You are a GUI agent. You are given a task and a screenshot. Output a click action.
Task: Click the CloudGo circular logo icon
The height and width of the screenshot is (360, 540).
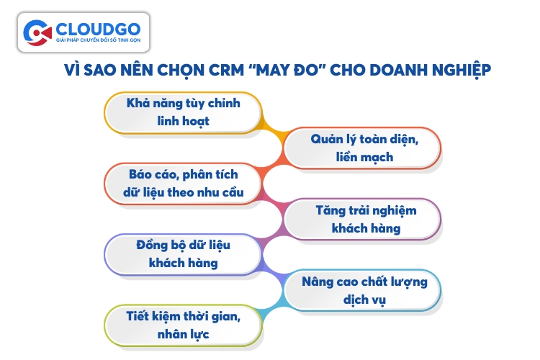[x=37, y=33]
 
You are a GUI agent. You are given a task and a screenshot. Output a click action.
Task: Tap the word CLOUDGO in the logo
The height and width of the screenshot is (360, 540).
[x=98, y=30]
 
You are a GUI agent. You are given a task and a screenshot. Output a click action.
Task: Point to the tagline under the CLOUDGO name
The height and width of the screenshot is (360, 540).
[x=98, y=40]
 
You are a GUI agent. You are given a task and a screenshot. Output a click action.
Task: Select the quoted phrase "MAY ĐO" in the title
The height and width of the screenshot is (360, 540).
[x=287, y=70]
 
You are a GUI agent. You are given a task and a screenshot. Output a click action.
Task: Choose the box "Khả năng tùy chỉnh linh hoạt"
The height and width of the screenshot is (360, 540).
[x=183, y=112]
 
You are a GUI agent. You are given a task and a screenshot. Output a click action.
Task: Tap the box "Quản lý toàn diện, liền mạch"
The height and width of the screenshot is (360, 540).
[x=363, y=148]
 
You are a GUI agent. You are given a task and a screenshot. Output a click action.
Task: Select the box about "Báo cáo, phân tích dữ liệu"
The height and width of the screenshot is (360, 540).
[x=183, y=184]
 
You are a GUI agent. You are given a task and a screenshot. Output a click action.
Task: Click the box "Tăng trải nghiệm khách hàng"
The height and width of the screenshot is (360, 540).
[x=363, y=219]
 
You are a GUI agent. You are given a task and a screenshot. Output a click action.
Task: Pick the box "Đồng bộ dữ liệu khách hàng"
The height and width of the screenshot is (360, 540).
[x=183, y=255]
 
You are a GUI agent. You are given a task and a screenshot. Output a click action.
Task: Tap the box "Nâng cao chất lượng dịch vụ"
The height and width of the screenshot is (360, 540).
[x=363, y=290]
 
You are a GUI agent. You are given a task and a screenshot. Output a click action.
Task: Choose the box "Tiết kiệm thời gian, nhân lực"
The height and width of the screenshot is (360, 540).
[x=183, y=325]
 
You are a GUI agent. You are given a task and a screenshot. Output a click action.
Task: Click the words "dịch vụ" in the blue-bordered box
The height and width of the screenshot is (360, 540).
[x=365, y=300]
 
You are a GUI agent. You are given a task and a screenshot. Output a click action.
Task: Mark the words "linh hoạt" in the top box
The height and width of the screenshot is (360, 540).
[x=183, y=121]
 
